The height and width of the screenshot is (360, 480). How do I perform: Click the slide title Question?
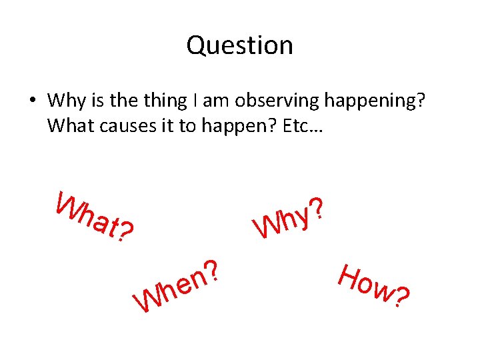pyautogui.click(x=239, y=45)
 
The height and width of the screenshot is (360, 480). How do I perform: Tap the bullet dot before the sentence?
pyautogui.click(x=31, y=101)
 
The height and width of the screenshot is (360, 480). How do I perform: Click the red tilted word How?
pyautogui.click(x=373, y=287)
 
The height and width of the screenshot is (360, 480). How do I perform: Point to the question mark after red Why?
pyautogui.click(x=318, y=207)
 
